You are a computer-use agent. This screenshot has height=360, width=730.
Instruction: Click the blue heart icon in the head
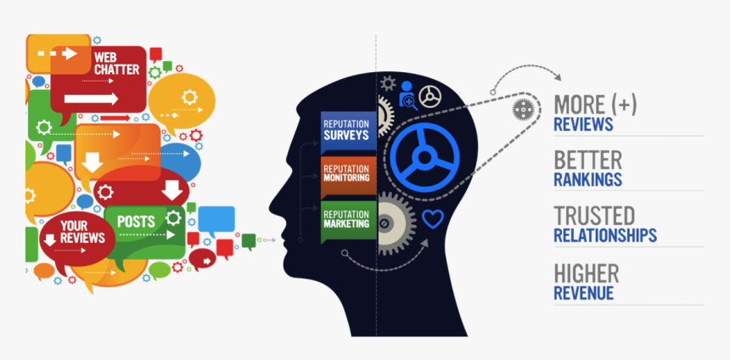pos(433,219)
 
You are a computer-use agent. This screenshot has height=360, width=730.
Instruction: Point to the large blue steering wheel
pos(424,157)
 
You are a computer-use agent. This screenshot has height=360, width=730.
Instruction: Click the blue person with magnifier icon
pos(407,95)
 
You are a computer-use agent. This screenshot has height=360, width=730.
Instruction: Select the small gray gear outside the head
pos(523,110)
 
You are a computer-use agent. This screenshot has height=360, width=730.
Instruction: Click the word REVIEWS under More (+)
pos(583,124)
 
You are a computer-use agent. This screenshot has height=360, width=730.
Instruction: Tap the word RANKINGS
pos(587,180)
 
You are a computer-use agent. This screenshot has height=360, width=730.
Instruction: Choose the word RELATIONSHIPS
pos(605,235)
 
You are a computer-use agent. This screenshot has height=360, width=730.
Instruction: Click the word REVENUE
pos(583,293)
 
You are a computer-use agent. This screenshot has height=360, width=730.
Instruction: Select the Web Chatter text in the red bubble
pos(116,64)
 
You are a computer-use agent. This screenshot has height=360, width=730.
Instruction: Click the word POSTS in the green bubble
pos(136,222)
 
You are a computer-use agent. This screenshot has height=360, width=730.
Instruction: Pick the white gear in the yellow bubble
pos(189,97)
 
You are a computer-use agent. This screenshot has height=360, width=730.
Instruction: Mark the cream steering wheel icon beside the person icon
pos(430,97)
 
